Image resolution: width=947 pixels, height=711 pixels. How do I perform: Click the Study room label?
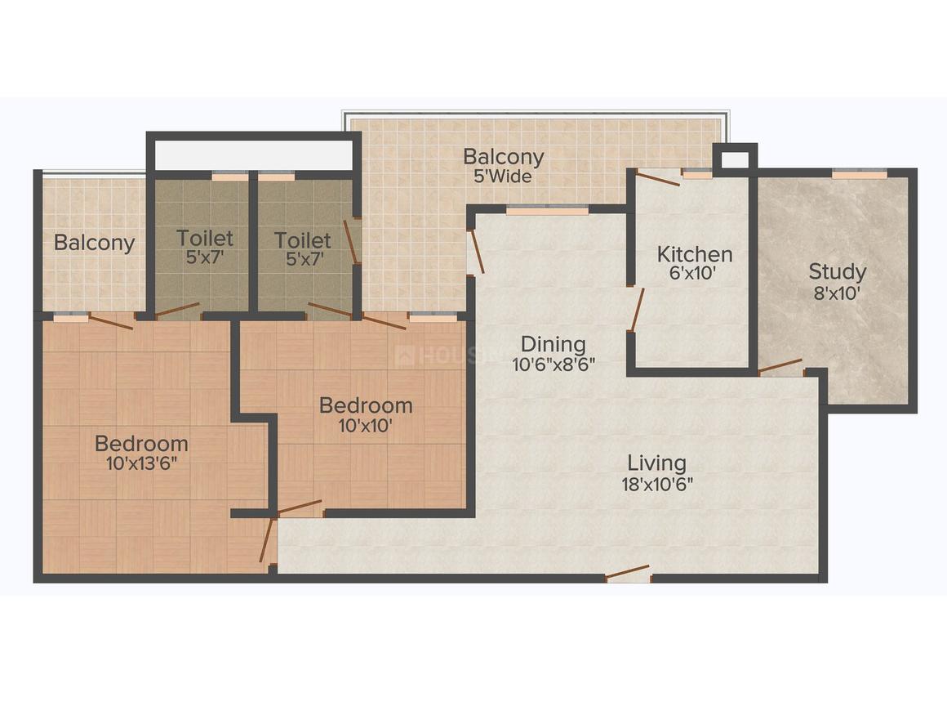point(837,271)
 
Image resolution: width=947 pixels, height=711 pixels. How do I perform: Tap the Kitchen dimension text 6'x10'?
point(694,274)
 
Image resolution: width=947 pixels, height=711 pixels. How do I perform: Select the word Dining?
point(554,344)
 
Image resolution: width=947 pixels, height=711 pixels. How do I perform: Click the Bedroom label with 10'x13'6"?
point(141,444)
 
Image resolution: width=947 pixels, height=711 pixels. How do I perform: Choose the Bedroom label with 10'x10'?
point(366,405)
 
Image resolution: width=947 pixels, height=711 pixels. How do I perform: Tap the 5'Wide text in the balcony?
point(504,177)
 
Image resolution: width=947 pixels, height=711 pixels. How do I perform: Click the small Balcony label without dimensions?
point(94,243)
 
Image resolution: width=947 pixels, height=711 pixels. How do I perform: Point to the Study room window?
point(858,173)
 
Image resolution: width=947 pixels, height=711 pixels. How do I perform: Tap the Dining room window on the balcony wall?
point(546,210)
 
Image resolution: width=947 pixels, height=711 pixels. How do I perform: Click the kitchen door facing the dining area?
point(636,308)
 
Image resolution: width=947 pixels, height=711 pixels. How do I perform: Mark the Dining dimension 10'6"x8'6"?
point(554,364)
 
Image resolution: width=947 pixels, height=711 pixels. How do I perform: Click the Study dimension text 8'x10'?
point(837,293)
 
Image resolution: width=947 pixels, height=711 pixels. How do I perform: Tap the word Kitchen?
point(694,253)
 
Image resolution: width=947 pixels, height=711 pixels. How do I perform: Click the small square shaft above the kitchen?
point(734,157)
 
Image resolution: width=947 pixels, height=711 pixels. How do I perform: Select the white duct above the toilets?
point(253,154)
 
